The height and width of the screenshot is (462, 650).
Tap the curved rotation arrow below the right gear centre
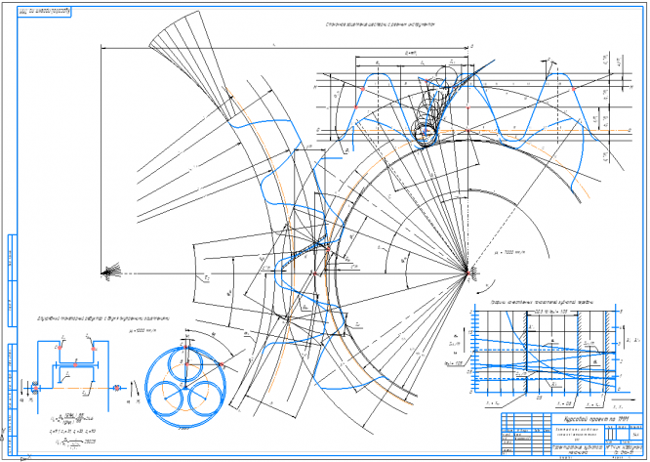[x=478, y=289]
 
